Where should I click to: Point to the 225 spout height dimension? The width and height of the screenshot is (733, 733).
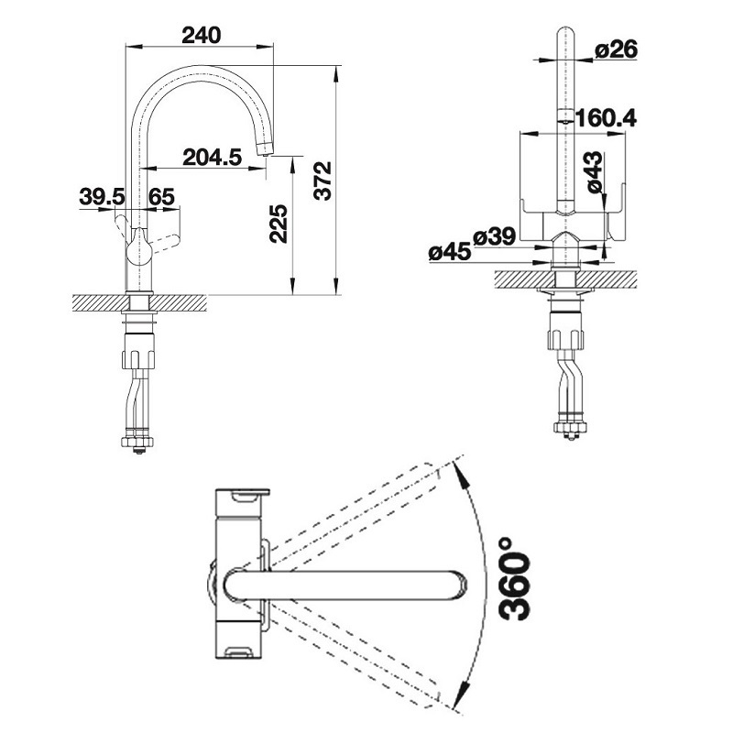(x=279, y=224)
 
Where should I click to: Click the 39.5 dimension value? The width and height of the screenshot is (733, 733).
(x=102, y=196)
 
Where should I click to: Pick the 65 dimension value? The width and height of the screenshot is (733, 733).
(x=161, y=196)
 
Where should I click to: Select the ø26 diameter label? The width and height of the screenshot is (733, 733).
(x=616, y=51)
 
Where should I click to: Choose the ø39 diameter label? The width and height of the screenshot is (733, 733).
(x=494, y=237)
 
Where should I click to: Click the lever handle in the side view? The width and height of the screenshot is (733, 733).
(x=165, y=243)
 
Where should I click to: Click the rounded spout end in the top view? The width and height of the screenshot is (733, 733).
(x=458, y=585)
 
